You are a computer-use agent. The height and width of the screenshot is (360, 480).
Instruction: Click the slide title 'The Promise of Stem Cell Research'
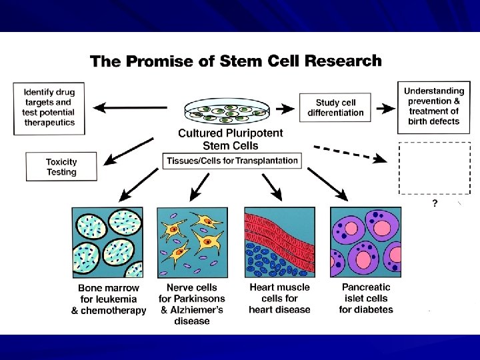[x=236, y=61]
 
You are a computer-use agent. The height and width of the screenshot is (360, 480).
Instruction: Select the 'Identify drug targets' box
[x=49, y=107]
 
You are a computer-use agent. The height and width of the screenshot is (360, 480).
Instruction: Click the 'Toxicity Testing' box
[x=61, y=167]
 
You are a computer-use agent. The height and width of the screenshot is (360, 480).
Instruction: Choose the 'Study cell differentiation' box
[x=335, y=107]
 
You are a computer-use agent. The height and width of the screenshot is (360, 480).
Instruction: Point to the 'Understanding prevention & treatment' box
[x=434, y=106]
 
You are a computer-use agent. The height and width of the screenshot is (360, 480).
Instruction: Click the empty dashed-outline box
[x=434, y=167]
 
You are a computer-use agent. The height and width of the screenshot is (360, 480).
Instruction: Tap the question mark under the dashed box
[x=435, y=204]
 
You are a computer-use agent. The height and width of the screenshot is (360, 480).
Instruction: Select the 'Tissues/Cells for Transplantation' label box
[x=231, y=161]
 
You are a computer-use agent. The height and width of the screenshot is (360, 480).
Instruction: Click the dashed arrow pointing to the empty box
[x=351, y=153]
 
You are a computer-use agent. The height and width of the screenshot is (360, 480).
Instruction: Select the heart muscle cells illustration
[x=279, y=241]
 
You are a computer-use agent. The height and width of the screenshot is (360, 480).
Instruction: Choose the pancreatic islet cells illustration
[x=366, y=241]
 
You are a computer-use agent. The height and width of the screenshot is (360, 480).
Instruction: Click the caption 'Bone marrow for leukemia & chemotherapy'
[x=109, y=299]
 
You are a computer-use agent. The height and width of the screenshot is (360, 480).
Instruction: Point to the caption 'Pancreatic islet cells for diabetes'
[x=366, y=298]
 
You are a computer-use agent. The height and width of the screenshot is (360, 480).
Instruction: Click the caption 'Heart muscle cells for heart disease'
[x=279, y=298]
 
